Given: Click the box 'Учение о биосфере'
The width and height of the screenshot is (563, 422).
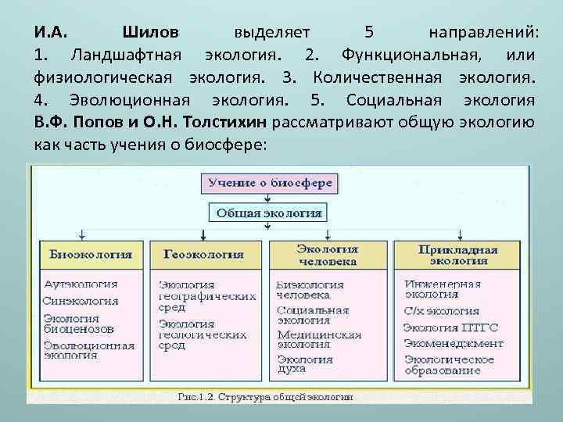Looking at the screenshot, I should click(x=269, y=184).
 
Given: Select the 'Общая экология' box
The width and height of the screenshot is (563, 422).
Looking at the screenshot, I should click(x=269, y=213).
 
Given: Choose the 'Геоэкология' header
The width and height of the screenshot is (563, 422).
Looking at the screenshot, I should click(x=203, y=255).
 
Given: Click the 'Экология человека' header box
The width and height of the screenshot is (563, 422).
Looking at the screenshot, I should click(x=327, y=254).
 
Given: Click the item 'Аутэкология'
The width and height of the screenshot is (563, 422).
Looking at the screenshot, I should click(x=81, y=284).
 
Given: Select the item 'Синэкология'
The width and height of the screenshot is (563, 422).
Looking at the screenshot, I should click(x=81, y=301).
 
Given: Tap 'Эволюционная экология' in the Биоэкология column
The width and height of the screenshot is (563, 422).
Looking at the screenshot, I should click(x=83, y=349).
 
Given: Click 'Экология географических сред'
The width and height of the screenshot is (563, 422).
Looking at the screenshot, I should click(x=207, y=296).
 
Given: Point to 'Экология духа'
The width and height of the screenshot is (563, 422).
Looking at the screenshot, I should click(x=304, y=365).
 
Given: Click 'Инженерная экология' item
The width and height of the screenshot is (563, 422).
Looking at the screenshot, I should click(x=443, y=289).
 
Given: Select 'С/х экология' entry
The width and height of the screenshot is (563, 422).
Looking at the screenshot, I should click(x=442, y=310).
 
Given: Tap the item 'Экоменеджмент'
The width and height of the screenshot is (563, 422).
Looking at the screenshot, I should click(x=454, y=342).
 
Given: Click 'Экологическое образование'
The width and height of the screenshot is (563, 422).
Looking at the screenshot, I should click(x=449, y=364).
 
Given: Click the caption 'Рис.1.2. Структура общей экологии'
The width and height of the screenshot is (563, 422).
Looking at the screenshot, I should click(x=266, y=397).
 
